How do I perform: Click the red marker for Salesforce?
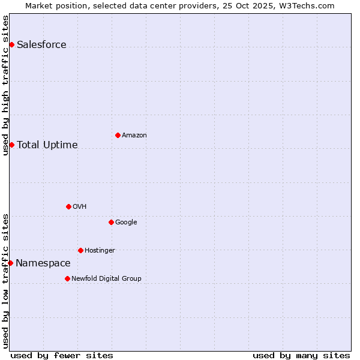[x=11, y=44]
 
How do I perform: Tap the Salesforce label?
[x=41, y=45]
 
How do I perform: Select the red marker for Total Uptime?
[x=11, y=145]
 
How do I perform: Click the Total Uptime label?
[x=47, y=145]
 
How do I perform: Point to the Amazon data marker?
[x=118, y=135]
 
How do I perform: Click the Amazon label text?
[x=134, y=136]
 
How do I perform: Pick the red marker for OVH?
[x=68, y=206]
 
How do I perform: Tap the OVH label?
[x=79, y=207]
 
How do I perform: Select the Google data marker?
[x=111, y=222]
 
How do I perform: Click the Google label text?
[x=126, y=223]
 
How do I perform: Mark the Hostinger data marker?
[x=80, y=250]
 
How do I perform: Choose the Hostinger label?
[x=100, y=251]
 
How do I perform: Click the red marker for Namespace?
[x=10, y=263]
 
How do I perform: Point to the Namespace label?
[x=43, y=263]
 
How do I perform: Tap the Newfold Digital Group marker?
[x=67, y=278]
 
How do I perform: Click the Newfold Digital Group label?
[x=106, y=279]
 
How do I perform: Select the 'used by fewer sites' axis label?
[x=61, y=356]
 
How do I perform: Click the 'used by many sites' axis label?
[x=301, y=356]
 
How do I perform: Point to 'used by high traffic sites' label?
[x=6, y=85]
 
